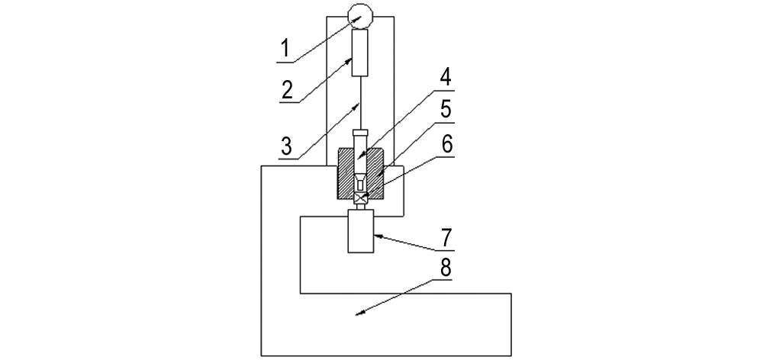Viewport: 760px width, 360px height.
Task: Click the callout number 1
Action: coord(285,49)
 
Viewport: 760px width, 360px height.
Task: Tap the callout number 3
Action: coord(287,146)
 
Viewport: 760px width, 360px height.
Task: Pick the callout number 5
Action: coord(446,110)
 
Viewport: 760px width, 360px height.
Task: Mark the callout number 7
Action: coord(446,238)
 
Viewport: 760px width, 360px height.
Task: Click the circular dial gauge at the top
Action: coord(361,17)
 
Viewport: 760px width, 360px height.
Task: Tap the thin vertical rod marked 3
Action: coord(361,103)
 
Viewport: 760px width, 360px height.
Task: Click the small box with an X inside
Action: coord(361,198)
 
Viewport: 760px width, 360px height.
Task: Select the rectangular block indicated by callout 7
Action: coord(361,230)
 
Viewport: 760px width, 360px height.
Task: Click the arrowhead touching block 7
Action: coord(378,236)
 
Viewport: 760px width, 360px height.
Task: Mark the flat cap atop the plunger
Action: coord(361,132)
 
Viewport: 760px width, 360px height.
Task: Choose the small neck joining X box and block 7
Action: coord(361,207)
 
